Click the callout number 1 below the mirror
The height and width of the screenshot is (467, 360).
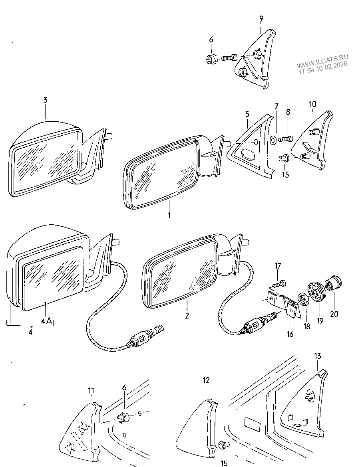169,215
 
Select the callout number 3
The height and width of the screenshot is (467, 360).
45,100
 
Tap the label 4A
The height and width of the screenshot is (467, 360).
46,321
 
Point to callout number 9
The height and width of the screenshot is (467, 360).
261,18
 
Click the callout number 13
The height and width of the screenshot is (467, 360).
318,356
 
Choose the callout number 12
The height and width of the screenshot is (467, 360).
206,380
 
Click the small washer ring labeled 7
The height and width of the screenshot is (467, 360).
272,139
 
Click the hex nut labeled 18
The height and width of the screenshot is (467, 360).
303,298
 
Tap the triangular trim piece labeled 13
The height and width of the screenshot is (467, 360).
304,403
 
